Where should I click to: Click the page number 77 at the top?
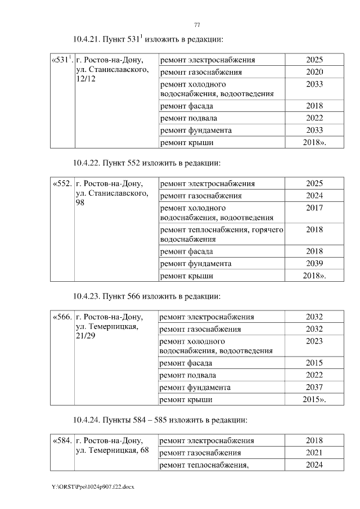[x=197, y=25]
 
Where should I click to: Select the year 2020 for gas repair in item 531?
[x=314, y=72]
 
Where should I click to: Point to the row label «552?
[x=61, y=184]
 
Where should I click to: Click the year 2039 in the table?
[x=314, y=264]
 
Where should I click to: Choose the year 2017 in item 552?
[x=314, y=208]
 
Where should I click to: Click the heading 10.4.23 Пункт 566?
[x=147, y=296]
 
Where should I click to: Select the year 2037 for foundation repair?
[x=314, y=388]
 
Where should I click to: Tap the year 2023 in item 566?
[x=314, y=341]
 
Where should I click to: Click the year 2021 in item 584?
[x=314, y=453]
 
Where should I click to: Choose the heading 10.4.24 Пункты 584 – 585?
[x=160, y=420]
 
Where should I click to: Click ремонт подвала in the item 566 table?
[x=188, y=375]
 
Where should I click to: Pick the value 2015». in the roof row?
[x=314, y=400]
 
